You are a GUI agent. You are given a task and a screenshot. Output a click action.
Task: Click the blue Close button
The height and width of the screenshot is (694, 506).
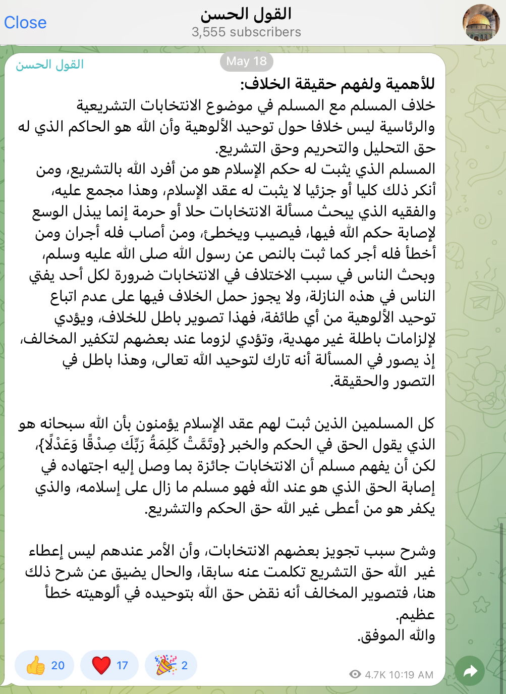click(25, 23)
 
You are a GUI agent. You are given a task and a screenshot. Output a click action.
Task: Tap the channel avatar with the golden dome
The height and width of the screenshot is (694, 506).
click(481, 23)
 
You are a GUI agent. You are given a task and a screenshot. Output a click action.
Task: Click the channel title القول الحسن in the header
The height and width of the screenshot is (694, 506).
click(246, 14)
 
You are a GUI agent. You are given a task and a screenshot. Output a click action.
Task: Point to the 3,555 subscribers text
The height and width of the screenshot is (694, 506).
click(246, 32)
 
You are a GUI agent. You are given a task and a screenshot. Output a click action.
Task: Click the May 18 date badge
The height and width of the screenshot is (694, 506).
click(246, 62)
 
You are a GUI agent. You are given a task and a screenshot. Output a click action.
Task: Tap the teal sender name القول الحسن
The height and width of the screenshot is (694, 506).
click(49, 65)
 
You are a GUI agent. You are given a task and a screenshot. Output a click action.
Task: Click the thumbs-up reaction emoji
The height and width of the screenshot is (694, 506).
click(36, 665)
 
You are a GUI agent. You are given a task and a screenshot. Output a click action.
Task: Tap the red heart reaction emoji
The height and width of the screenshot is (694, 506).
click(101, 665)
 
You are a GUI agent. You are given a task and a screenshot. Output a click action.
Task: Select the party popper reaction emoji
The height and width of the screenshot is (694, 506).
click(165, 665)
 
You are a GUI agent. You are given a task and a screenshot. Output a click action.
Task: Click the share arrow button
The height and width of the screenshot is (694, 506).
click(470, 671)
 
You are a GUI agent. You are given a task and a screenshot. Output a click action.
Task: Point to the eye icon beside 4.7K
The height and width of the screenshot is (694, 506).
click(355, 674)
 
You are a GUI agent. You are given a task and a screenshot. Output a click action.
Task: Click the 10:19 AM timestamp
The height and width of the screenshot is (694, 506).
click(411, 675)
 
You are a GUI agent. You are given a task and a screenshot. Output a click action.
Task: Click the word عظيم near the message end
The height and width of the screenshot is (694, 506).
click(415, 614)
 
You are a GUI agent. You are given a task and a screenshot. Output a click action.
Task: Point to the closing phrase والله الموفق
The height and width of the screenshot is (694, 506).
click(396, 635)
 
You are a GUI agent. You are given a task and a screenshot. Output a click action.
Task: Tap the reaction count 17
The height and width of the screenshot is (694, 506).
click(122, 665)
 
